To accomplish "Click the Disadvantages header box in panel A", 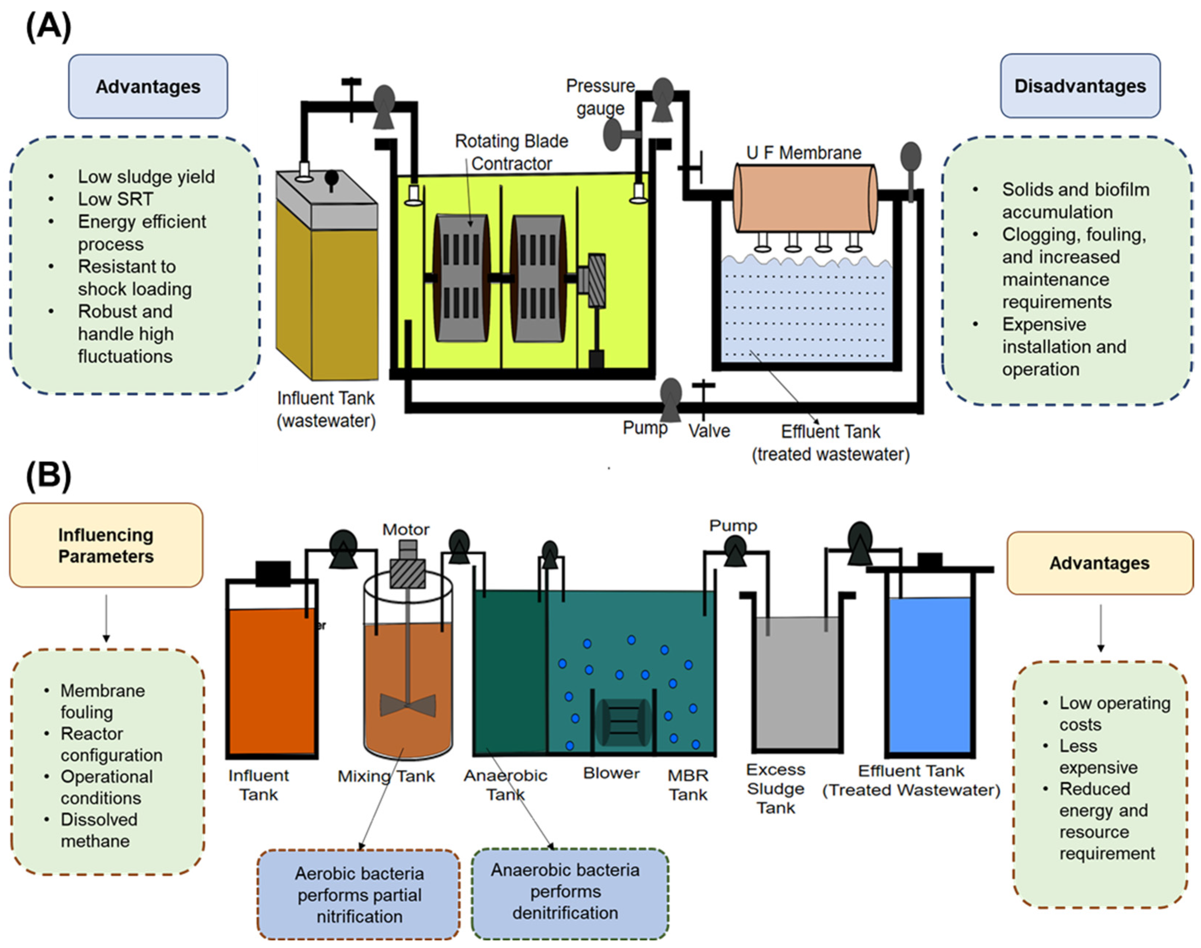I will (x=1080, y=86).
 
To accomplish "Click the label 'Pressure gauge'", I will (x=600, y=97).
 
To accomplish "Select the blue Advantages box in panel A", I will (x=148, y=87).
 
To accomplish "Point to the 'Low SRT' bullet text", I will (x=115, y=199).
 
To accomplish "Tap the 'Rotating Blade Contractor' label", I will (x=511, y=153).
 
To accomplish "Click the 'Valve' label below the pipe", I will (x=709, y=431).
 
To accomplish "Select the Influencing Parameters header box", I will (x=106, y=545).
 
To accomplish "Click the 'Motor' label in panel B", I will (x=405, y=530).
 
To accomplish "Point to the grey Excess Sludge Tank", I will (x=797, y=683).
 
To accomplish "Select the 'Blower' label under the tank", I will (x=611, y=773).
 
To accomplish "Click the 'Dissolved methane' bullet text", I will (x=99, y=830).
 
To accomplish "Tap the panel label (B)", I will (x=48, y=476).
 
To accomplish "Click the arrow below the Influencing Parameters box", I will (x=106, y=618).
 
